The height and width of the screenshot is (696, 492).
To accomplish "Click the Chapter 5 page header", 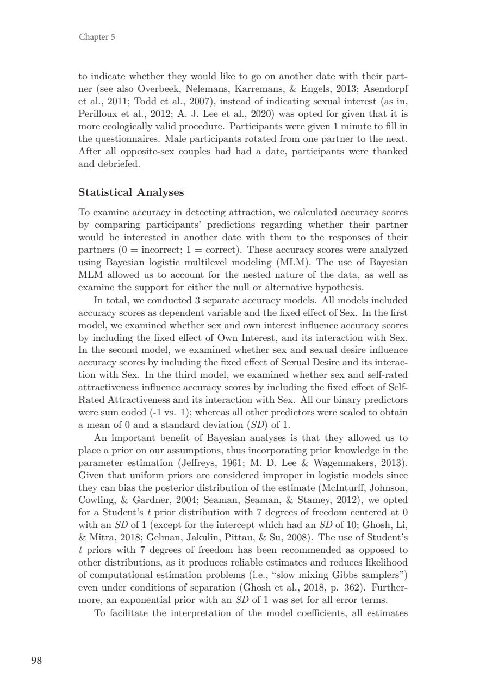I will [97, 37].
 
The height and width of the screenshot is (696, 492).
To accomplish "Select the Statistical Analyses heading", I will [132, 192].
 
